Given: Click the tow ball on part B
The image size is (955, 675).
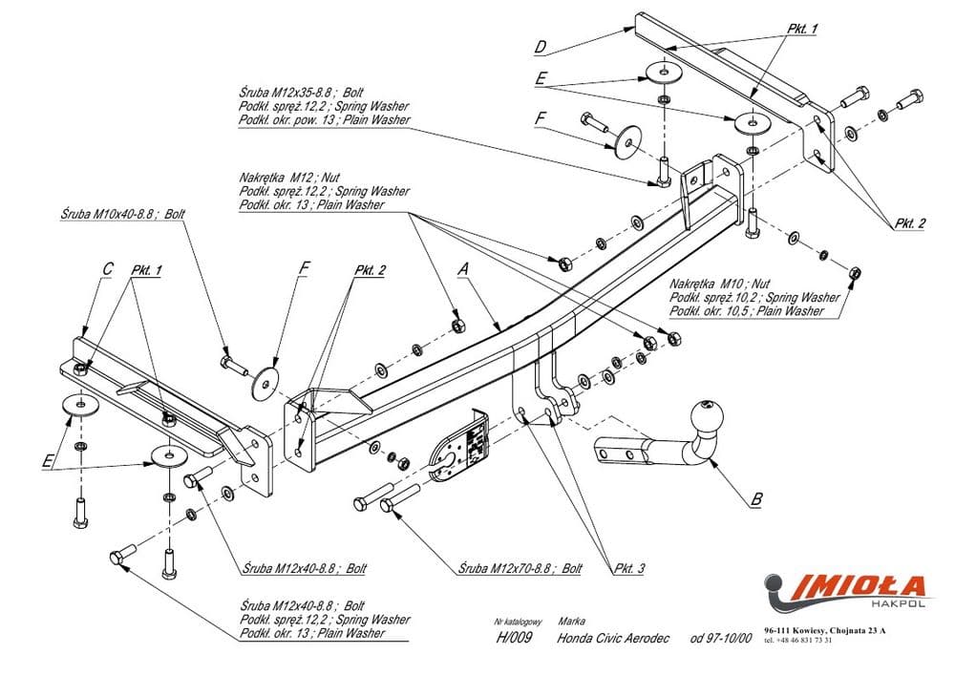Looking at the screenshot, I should coord(708,415).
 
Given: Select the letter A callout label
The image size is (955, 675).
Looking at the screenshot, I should coord(462,270).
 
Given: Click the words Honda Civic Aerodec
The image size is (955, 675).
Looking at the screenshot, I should coord(614,638).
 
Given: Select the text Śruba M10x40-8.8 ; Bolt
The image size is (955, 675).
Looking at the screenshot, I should coord(120,215).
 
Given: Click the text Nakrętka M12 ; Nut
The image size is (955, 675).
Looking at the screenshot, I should coord(288,178).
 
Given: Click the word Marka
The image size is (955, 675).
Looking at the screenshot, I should coord(571,620).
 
